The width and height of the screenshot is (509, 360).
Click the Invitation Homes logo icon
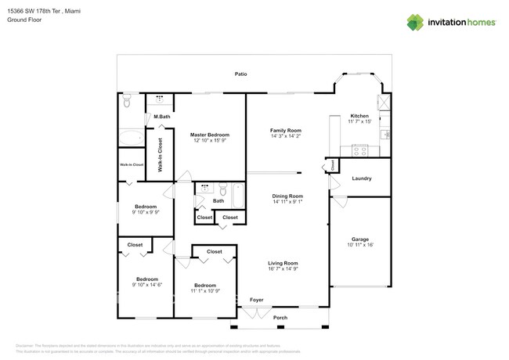click(x=415, y=22)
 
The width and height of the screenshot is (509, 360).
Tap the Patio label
click(x=241, y=74)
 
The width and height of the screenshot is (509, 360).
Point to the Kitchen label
click(x=359, y=116)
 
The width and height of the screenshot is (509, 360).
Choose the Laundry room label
click(x=361, y=178)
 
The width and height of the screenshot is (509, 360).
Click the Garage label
click(x=359, y=239)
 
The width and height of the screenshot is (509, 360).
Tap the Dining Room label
click(x=287, y=196)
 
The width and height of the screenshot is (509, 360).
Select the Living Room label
click(x=283, y=263)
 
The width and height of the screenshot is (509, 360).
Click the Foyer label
click(x=256, y=300)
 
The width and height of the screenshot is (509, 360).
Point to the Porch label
click(x=280, y=318)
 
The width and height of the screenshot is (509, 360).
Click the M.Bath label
click(x=162, y=117)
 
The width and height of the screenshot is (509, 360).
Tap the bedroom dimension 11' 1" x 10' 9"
click(x=204, y=290)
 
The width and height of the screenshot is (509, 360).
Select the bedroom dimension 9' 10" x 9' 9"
click(x=145, y=212)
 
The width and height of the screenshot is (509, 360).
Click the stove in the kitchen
click(x=359, y=149)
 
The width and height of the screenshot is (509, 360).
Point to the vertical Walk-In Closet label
click(x=161, y=155)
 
